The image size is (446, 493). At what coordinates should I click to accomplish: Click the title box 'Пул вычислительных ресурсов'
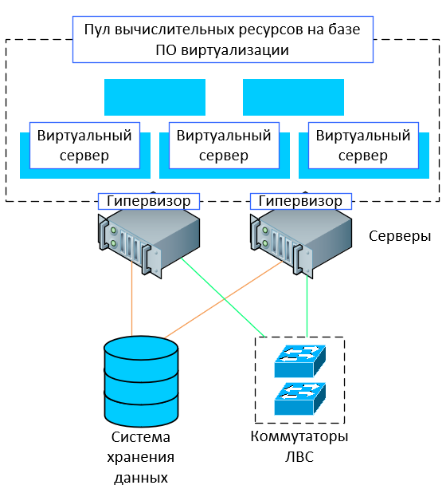tap(223, 40)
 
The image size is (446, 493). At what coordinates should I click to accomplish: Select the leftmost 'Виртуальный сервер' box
tap(84, 145)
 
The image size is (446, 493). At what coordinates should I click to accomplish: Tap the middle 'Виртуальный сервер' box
tap(224, 145)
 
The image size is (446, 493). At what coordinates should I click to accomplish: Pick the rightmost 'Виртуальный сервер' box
tap(363, 145)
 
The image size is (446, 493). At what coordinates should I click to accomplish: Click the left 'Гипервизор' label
tap(149, 201)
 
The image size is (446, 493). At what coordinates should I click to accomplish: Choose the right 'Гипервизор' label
tap(301, 201)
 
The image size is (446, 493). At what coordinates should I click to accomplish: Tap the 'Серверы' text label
tap(400, 236)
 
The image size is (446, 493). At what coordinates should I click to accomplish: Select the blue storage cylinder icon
tap(141, 381)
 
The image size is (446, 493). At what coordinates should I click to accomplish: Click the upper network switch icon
tap(300, 361)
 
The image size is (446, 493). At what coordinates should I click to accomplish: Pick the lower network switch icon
tap(300, 399)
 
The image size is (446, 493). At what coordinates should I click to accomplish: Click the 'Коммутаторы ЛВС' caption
tap(299, 447)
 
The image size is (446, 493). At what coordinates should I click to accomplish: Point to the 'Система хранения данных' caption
tap(141, 457)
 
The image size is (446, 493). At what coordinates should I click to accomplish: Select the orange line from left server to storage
tap(132, 298)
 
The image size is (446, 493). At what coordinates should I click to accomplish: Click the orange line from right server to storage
tap(224, 300)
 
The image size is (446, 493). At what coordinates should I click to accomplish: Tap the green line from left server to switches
tap(224, 298)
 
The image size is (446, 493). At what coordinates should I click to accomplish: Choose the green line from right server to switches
tap(307, 306)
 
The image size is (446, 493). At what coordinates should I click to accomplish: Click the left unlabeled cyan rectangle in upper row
tap(155, 97)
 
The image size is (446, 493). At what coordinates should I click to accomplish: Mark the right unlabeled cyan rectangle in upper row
tap(293, 97)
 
